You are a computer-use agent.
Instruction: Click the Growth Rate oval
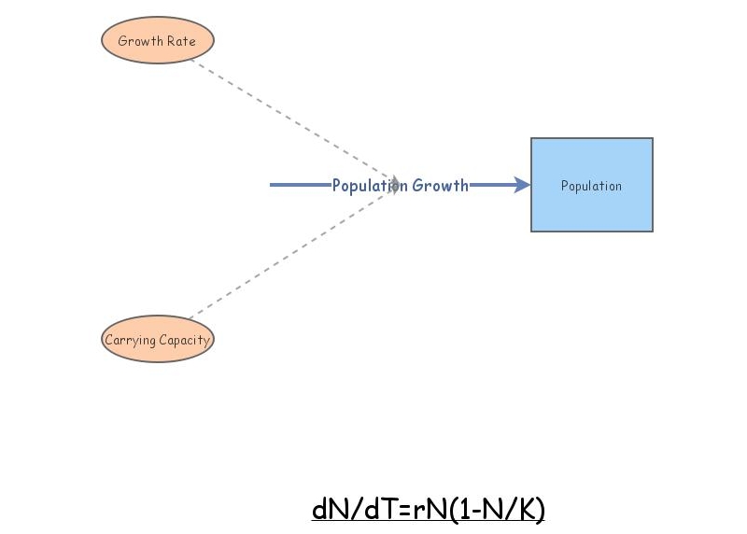tap(158, 41)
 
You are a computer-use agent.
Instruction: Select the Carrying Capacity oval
tap(158, 339)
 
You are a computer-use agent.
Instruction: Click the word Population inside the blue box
tap(591, 186)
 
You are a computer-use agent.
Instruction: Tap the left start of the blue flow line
tap(273, 185)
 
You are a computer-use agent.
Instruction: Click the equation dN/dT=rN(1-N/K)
tap(428, 510)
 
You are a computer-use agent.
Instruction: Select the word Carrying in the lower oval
tap(129, 340)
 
